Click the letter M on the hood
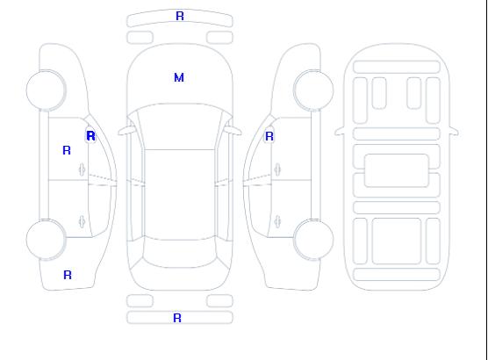click(179, 77)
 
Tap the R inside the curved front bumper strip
click(180, 16)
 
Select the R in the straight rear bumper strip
click(177, 318)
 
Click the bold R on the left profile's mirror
click(91, 136)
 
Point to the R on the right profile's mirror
click(269, 136)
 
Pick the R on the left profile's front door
click(67, 150)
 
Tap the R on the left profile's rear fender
click(68, 275)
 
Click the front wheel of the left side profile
click(46, 90)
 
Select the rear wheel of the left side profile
click(46, 240)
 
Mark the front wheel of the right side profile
click(313, 90)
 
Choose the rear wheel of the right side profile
click(313, 240)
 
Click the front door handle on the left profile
click(82, 169)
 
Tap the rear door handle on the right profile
click(277, 222)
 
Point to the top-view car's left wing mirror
click(126, 131)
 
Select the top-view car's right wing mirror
click(233, 131)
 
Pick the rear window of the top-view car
click(180, 254)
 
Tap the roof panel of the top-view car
click(180, 195)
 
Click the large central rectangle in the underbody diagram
click(396, 170)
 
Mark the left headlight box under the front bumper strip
click(140, 38)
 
